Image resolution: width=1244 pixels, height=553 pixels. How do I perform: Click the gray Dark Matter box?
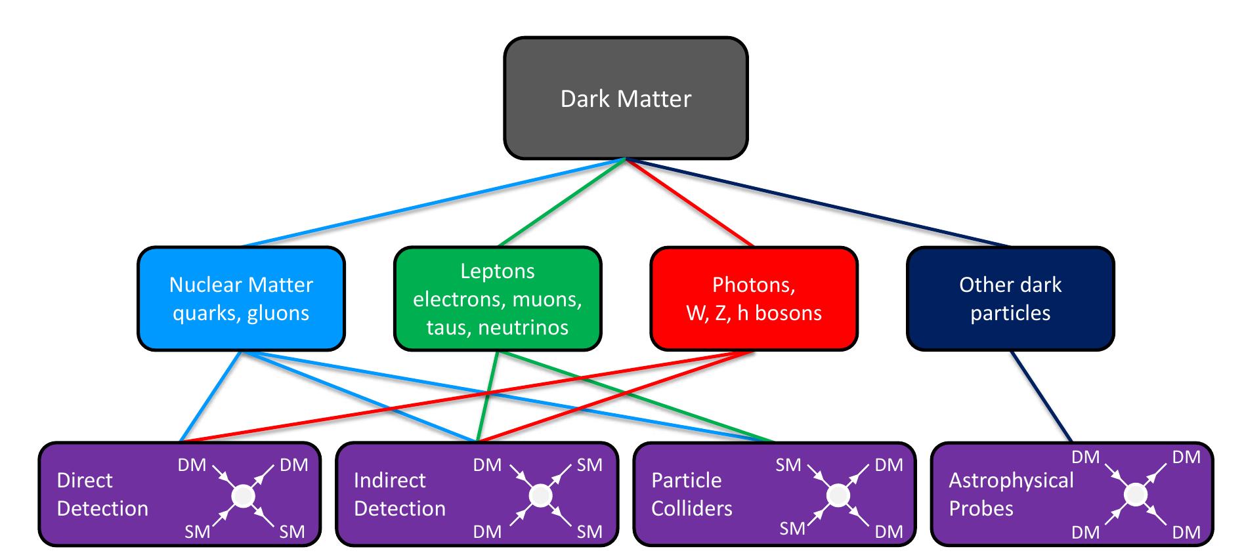click(625, 98)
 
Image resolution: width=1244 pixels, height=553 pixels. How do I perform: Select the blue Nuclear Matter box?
click(241, 298)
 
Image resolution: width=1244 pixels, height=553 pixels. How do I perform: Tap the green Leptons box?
click(497, 298)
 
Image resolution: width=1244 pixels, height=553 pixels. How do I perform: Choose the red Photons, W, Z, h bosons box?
click(754, 298)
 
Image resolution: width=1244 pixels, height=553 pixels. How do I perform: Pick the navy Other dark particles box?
click(1010, 298)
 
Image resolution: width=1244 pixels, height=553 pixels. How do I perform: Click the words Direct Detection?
click(102, 495)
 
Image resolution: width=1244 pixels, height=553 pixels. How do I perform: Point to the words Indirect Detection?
click(399, 495)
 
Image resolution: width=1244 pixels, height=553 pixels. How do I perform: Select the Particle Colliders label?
click(691, 495)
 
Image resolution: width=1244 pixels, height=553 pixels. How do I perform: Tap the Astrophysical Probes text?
click(1010, 495)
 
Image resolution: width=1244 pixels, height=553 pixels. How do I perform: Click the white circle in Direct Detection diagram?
click(243, 496)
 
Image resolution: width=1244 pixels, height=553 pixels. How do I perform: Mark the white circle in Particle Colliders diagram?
click(838, 496)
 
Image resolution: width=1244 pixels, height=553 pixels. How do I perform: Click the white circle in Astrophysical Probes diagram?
click(1135, 495)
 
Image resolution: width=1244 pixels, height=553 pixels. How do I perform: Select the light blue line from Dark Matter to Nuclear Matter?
click(433, 203)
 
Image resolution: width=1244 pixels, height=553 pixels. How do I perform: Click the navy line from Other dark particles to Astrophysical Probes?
click(1041, 397)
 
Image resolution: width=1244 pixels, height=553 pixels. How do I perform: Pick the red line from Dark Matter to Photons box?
click(689, 203)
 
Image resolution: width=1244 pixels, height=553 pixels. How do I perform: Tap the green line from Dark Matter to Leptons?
click(561, 203)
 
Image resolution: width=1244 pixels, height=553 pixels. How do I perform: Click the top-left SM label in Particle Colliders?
click(788, 465)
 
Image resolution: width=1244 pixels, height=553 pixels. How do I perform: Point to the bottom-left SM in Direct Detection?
click(197, 531)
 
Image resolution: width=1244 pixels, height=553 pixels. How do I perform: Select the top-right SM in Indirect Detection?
click(589, 465)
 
